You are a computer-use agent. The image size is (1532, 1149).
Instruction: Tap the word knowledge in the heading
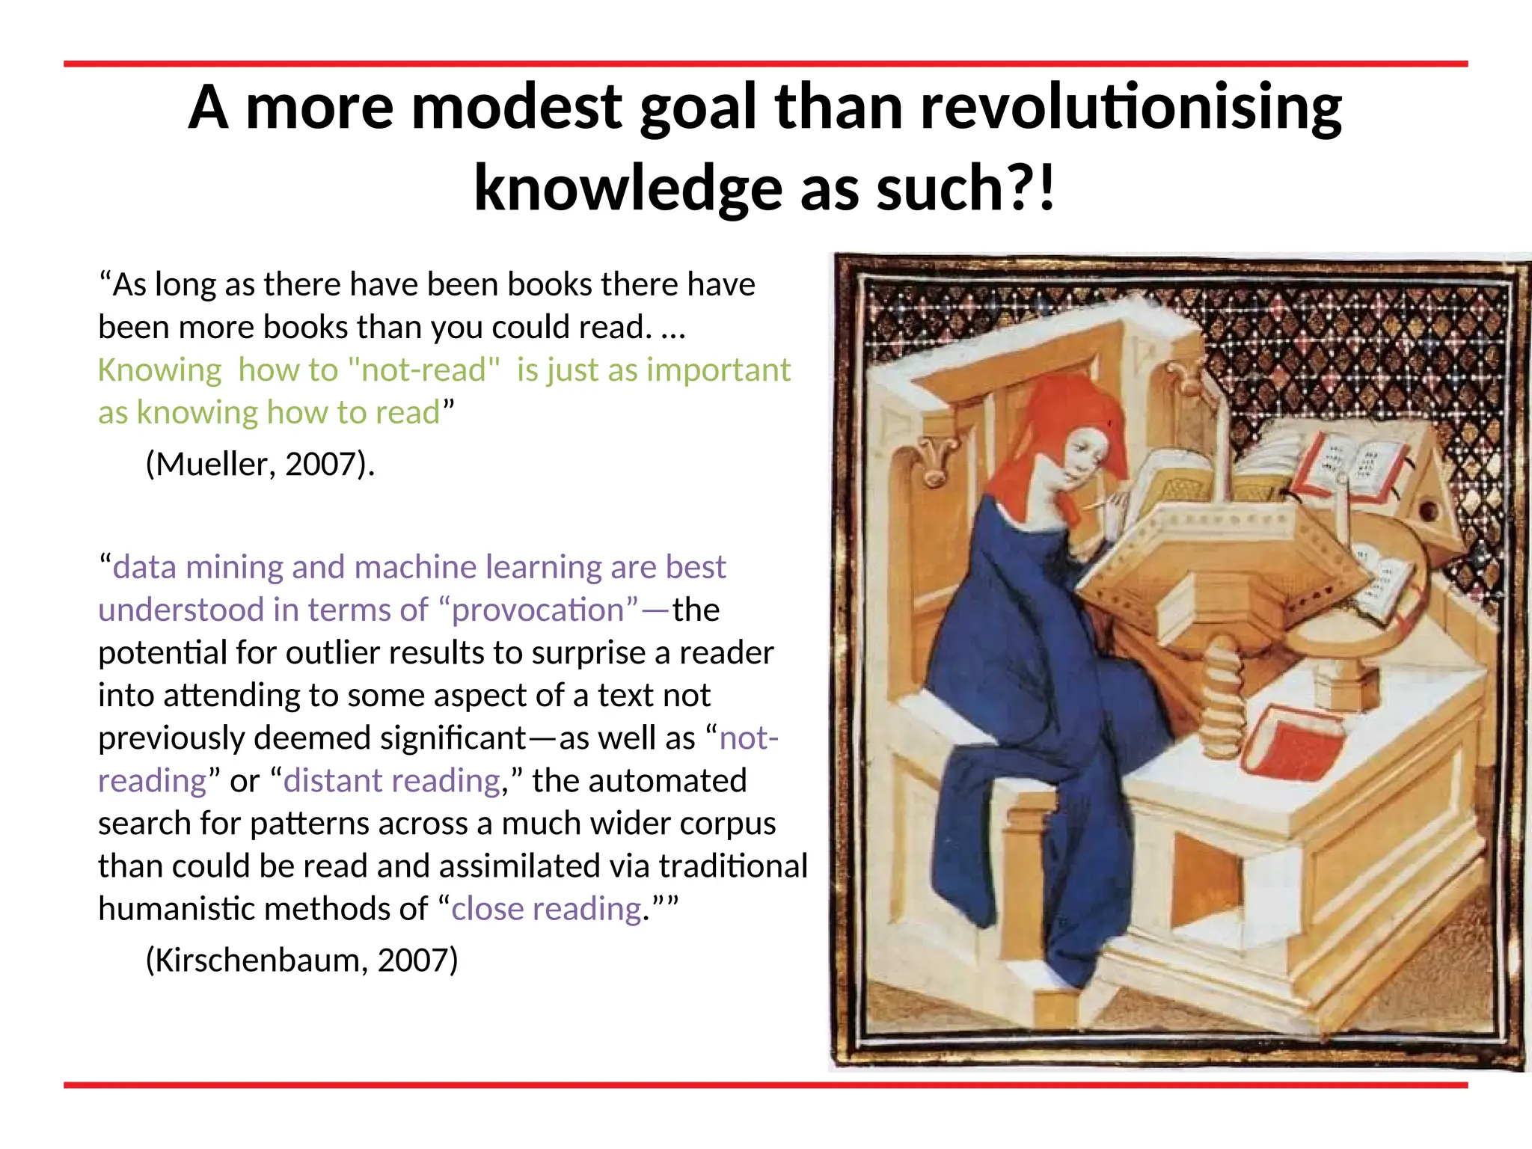click(x=628, y=189)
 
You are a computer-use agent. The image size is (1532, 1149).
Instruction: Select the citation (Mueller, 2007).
click(x=260, y=465)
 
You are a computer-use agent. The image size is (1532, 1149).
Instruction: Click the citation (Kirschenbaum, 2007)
click(x=301, y=960)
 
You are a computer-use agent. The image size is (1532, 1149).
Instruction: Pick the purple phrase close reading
click(x=547, y=909)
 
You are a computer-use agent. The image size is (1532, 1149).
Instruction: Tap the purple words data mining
click(x=197, y=568)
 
